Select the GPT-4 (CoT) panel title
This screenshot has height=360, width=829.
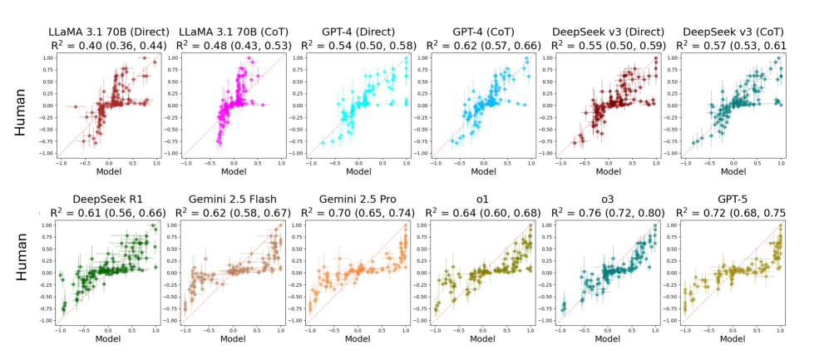pyautogui.click(x=471, y=32)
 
